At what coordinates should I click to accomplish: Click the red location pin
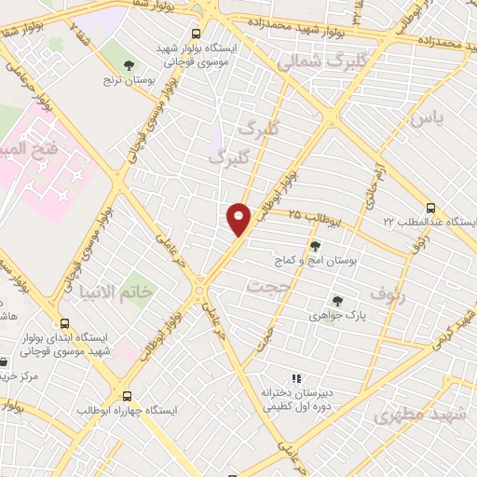(239, 218)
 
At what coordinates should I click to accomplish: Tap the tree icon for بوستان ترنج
(129, 64)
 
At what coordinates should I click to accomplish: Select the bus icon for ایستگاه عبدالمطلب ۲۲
(429, 209)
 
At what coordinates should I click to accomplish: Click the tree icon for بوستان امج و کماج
(314, 246)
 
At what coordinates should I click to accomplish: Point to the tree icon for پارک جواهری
(337, 301)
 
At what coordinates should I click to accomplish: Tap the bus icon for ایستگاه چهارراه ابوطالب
(127, 395)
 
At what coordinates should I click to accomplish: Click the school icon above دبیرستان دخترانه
(296, 378)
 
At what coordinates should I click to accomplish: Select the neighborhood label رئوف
(388, 294)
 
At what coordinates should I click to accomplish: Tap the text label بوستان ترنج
(128, 80)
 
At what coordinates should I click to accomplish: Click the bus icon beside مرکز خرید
(7, 361)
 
